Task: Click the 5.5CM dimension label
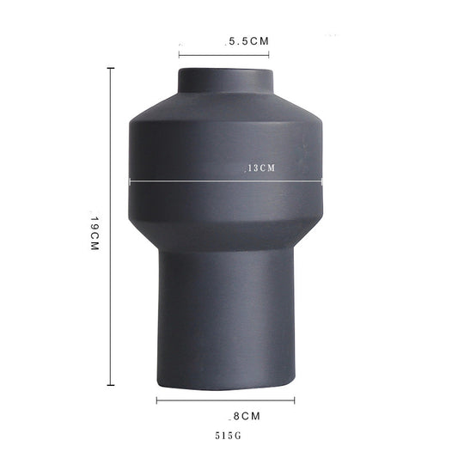point(249,41)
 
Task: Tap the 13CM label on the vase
point(261,168)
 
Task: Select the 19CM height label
point(95,233)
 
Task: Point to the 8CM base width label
point(247,416)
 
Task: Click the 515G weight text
point(228,436)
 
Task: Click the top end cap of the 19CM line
point(111,68)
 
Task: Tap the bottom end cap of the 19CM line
point(111,385)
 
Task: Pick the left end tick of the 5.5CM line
point(179,55)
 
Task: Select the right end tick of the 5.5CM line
point(268,55)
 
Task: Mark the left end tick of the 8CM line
point(157,400)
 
